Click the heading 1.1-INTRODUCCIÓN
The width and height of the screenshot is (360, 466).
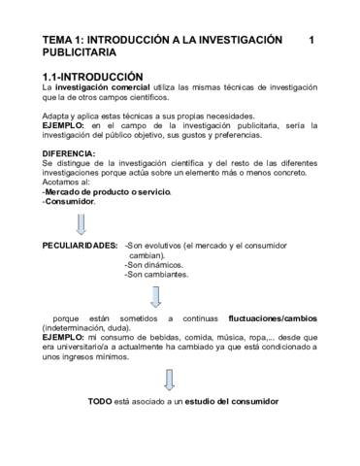(x=93, y=76)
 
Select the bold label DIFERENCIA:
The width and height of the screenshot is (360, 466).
(x=69, y=153)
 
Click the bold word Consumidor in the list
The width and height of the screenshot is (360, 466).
(x=71, y=201)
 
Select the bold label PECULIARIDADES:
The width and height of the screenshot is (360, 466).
(x=81, y=247)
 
